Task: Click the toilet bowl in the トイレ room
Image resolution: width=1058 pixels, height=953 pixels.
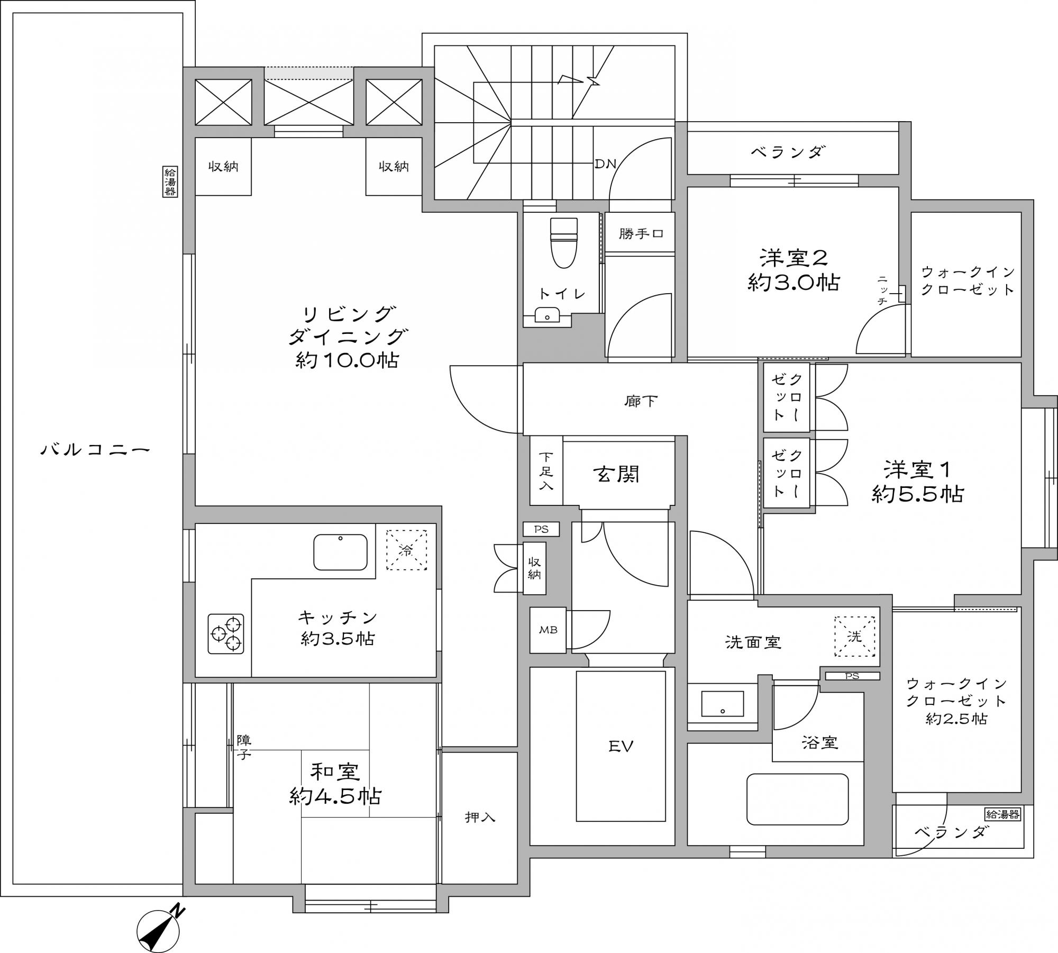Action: (564, 243)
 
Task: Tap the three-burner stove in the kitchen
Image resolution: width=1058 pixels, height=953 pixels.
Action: (226, 633)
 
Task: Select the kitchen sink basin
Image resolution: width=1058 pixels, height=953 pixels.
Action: (340, 552)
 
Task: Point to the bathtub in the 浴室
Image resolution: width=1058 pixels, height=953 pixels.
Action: (797, 800)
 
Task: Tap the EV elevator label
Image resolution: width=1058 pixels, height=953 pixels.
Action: (621, 747)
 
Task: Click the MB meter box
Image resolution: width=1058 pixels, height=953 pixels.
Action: (548, 630)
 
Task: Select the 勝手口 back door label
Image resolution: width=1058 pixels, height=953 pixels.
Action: (641, 233)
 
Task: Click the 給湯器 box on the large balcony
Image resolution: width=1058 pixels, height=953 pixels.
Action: (170, 182)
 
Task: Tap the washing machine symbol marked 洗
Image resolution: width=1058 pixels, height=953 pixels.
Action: (855, 637)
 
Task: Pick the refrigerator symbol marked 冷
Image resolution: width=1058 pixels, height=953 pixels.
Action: (406, 550)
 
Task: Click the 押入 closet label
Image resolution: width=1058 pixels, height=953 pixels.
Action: (480, 817)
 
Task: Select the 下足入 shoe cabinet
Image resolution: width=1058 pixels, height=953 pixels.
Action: (546, 470)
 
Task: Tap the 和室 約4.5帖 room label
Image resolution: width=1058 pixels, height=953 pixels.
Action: (335, 784)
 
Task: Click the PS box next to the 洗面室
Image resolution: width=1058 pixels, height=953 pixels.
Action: (852, 676)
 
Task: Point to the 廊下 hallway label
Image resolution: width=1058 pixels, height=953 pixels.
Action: (641, 401)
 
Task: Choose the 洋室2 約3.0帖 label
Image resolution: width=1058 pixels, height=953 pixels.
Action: (793, 270)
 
